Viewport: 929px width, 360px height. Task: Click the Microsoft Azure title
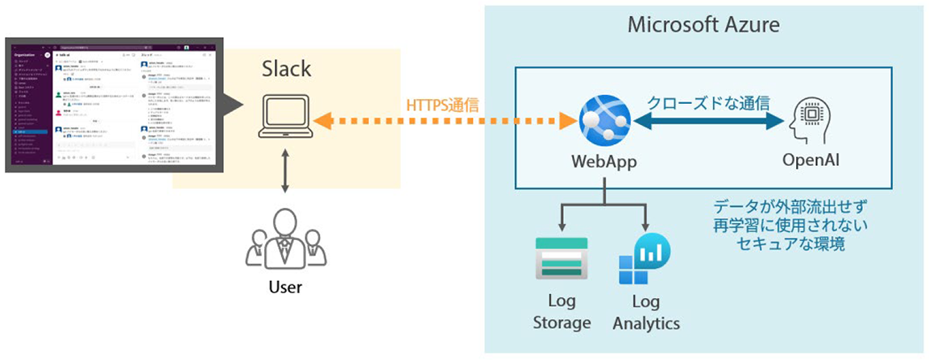click(x=703, y=24)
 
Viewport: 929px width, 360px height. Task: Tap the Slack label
click(x=287, y=69)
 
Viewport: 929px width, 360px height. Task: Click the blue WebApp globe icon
click(x=603, y=121)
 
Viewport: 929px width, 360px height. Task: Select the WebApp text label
click(x=603, y=161)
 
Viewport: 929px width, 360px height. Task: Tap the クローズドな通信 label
click(x=709, y=102)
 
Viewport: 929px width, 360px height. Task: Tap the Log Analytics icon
click(x=645, y=259)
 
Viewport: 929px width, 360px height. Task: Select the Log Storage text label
click(x=562, y=313)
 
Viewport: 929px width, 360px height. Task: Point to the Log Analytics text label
click(x=645, y=313)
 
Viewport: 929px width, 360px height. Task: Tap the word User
click(x=286, y=286)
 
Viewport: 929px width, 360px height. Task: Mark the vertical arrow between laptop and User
click(x=285, y=173)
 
